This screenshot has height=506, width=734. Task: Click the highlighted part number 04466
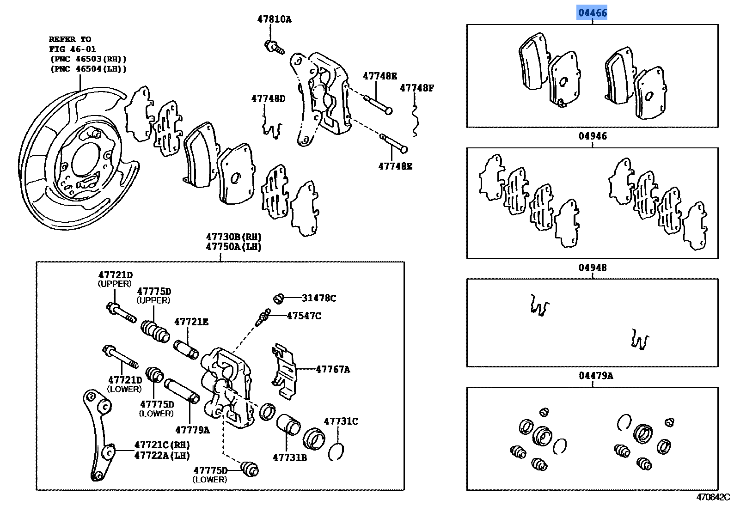592,12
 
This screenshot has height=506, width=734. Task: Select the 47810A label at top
275,19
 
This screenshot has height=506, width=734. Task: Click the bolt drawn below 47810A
274,47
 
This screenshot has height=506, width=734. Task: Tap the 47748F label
417,87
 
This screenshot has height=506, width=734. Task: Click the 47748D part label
269,98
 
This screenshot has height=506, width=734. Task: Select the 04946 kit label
592,136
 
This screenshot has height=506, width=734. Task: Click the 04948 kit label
592,268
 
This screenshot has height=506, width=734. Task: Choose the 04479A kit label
596,376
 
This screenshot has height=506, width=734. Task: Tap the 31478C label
319,298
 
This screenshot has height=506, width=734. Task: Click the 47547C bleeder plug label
304,316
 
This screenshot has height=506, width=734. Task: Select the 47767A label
333,369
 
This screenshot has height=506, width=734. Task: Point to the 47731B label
290,457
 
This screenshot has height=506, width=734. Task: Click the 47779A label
192,430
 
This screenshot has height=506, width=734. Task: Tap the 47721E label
191,322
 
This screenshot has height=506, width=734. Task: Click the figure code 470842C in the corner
713,497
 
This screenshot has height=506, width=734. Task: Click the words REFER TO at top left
70,39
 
